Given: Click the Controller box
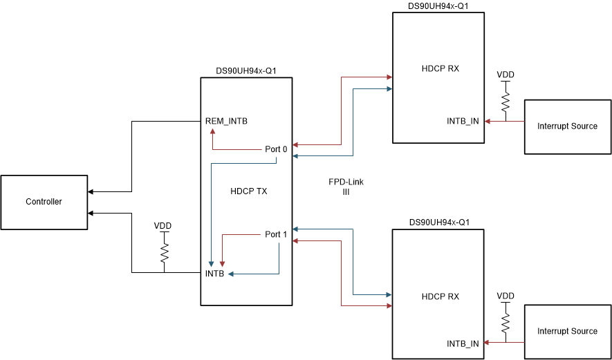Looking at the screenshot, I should click(x=44, y=202).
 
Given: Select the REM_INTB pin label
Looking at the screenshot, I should click(x=226, y=122).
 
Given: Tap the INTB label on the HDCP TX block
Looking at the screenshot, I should click(x=215, y=274).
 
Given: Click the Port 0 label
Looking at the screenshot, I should click(x=276, y=149).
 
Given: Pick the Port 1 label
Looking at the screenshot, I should click(x=276, y=234).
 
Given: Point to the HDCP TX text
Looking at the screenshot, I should click(x=248, y=191).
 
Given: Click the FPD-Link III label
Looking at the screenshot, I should click(x=346, y=187).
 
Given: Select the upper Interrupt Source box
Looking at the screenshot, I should click(x=567, y=126).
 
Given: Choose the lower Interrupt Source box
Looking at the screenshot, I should click(x=567, y=331).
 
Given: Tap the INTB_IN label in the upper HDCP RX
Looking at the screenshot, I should click(x=463, y=122).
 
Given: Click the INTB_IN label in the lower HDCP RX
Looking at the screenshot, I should click(x=463, y=343).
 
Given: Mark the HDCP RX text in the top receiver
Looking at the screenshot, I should click(x=440, y=68).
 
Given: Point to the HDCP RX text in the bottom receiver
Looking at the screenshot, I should click(x=440, y=296).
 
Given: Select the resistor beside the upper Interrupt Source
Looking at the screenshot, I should click(x=506, y=102).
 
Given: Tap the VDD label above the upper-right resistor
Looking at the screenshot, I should click(x=506, y=75).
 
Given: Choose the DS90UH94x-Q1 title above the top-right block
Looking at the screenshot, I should click(x=440, y=6).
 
